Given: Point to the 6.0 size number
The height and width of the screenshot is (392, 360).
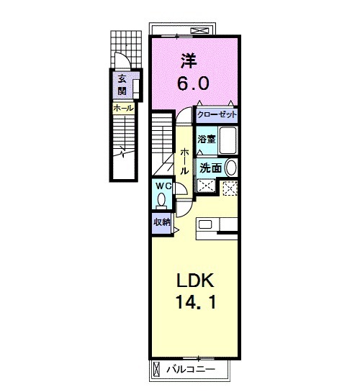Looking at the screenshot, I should coord(194,83).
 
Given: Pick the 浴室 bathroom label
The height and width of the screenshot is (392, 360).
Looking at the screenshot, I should coord(207,138).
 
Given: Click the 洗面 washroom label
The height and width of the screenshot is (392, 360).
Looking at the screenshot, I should coord(210,168).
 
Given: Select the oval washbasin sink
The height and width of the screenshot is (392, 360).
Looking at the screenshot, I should coord(230,168).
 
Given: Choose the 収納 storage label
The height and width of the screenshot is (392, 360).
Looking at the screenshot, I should coord(161,222).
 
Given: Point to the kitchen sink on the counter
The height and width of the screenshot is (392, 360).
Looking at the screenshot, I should coord(206,226).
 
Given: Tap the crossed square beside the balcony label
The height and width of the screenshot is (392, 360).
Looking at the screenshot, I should coord(158,370).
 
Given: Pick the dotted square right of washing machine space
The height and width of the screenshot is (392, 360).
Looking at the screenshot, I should coord(230,188).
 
